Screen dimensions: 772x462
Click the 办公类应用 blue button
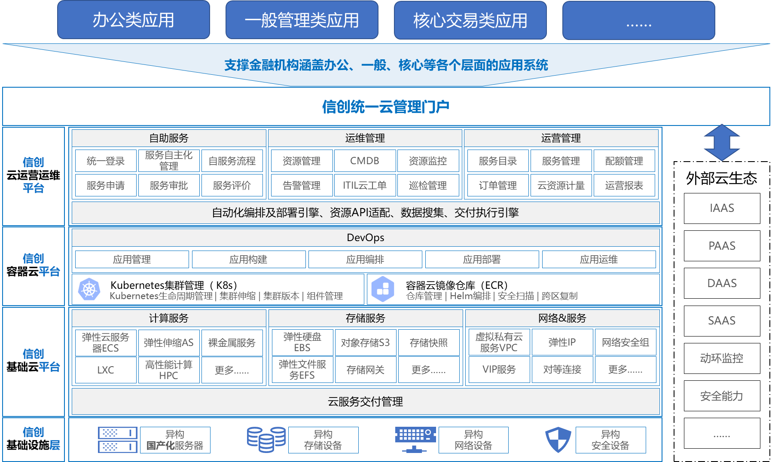(x=134, y=20)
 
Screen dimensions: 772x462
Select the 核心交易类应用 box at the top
(x=470, y=20)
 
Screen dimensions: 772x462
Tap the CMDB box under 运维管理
(x=365, y=161)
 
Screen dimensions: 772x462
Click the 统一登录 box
(x=106, y=161)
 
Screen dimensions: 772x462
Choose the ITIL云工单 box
(x=365, y=185)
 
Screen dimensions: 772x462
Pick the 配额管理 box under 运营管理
(x=624, y=161)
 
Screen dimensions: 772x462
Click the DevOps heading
(x=366, y=238)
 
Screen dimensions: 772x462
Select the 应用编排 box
(x=365, y=259)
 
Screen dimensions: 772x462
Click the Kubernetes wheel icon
(x=89, y=289)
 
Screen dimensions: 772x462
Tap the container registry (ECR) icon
(x=383, y=289)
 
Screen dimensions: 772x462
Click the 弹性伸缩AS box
(x=169, y=343)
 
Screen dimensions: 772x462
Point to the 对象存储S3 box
(x=366, y=343)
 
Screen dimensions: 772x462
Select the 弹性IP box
(x=562, y=342)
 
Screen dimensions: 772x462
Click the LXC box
(x=106, y=370)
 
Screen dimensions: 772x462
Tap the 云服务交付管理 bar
(x=366, y=401)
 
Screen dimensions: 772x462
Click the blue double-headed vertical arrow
(x=722, y=142)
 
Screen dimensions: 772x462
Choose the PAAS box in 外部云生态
(x=722, y=246)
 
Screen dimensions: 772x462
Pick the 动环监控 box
(x=722, y=358)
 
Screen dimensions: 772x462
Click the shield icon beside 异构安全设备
(x=558, y=440)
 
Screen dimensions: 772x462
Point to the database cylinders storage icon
(x=266, y=440)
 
